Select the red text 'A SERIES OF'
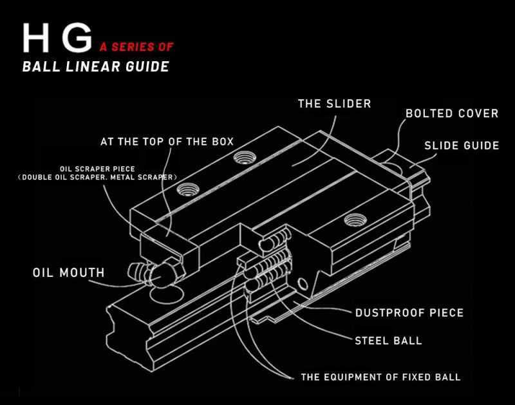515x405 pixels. (136, 47)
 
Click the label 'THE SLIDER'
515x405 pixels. (334, 104)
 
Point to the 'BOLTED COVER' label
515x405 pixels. (452, 113)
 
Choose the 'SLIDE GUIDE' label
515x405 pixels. (462, 146)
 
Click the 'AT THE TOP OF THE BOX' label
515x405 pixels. (167, 142)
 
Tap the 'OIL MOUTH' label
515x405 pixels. (69, 273)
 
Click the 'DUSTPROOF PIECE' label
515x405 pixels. (409, 313)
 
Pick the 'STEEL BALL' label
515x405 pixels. (389, 340)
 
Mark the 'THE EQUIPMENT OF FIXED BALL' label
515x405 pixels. (381, 377)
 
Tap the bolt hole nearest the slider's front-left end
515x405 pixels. (188, 189)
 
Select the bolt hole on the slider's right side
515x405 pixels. (352, 220)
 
